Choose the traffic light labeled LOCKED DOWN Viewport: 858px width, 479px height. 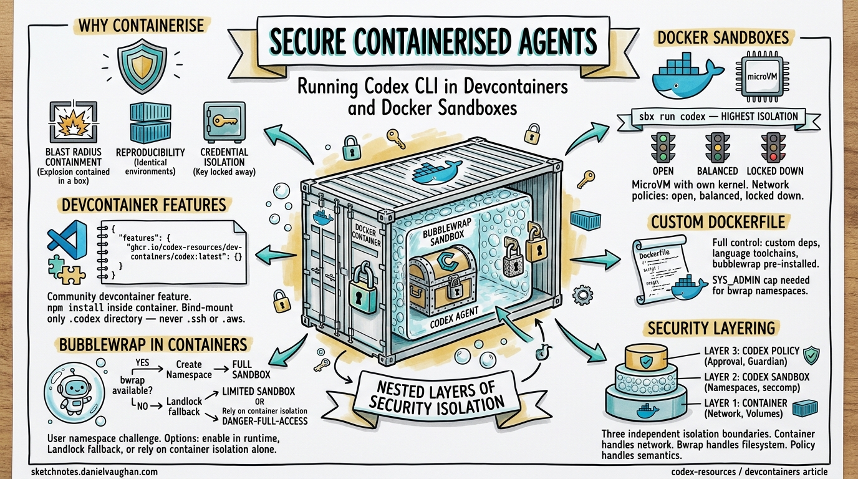[773, 148]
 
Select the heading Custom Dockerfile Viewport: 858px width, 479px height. [718, 222]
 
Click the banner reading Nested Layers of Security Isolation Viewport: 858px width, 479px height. [435, 395]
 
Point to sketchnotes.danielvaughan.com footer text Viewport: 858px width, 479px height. [94, 472]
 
